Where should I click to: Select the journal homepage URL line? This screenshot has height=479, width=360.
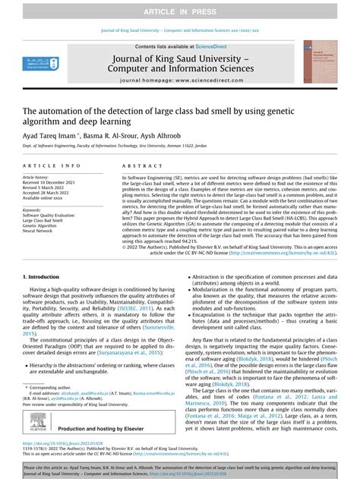(x=180, y=101)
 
